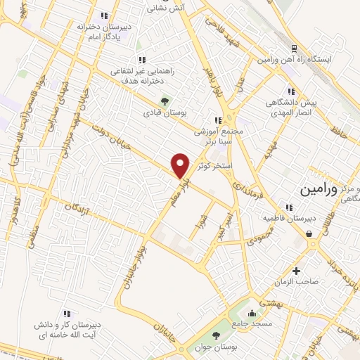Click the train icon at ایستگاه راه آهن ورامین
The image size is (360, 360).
[x=295, y=49]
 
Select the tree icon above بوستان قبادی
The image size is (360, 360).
[x=165, y=100]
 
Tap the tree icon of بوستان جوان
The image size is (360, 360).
[x=216, y=335]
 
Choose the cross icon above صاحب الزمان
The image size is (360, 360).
[x=296, y=271]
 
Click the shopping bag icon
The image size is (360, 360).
[x=309, y=233]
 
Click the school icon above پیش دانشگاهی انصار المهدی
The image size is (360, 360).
[x=290, y=91]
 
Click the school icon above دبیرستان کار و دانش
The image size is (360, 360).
[x=68, y=314]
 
